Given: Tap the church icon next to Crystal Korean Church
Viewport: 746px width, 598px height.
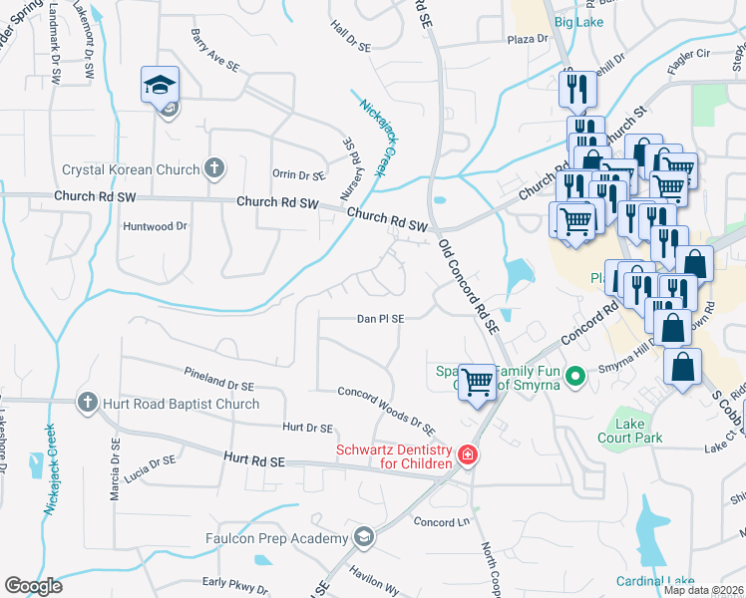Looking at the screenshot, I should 214,169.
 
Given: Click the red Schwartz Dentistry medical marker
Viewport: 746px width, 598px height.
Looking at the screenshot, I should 466,456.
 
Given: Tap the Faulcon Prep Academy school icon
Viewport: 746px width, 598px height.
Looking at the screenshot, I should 364,538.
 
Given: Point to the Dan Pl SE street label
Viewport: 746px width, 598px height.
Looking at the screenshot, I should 380,319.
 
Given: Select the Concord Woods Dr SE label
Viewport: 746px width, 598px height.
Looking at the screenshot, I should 385,410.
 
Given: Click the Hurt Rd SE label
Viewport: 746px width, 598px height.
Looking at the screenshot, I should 255,461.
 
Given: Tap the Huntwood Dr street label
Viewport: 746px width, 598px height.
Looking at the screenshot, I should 155,226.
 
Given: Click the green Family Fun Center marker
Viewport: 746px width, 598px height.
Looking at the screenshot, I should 573,376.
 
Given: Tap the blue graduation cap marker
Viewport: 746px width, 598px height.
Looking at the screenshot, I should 160,86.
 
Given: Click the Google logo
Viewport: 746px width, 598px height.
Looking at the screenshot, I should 33,586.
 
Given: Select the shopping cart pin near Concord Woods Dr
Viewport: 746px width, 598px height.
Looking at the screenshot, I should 479,381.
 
